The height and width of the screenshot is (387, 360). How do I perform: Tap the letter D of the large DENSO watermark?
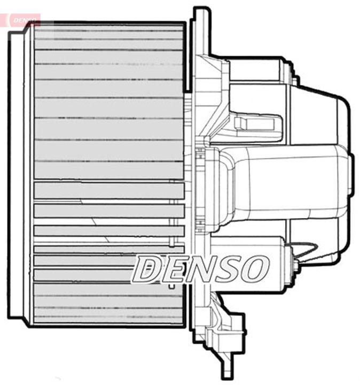pyautogui.click(x=146, y=269)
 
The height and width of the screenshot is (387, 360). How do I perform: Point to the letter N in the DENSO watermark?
pyautogui.click(x=201, y=269)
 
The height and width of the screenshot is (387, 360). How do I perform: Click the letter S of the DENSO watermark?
pyautogui.click(x=228, y=269)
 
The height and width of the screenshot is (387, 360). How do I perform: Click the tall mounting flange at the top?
pyautogui.click(x=201, y=32)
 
